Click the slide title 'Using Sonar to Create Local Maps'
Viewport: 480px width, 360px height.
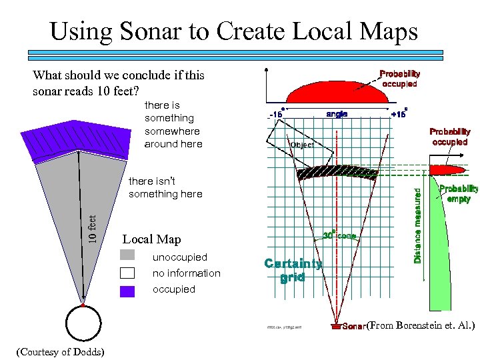click(x=233, y=31)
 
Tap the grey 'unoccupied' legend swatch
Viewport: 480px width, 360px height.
click(x=128, y=255)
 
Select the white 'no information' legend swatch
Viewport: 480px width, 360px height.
click(x=128, y=273)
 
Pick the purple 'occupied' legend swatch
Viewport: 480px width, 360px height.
click(x=128, y=290)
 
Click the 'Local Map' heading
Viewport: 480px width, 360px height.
click(x=151, y=239)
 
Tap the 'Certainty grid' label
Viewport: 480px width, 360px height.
click(x=293, y=270)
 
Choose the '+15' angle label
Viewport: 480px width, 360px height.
click(x=399, y=114)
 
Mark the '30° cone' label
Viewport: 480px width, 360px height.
click(x=340, y=235)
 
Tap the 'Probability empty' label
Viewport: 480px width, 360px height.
click(x=458, y=193)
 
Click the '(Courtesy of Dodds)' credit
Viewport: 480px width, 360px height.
click(x=60, y=351)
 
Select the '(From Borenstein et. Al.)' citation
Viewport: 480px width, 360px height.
click(x=421, y=325)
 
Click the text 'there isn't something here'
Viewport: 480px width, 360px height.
click(x=165, y=187)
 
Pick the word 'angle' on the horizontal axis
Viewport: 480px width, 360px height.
click(x=337, y=114)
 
